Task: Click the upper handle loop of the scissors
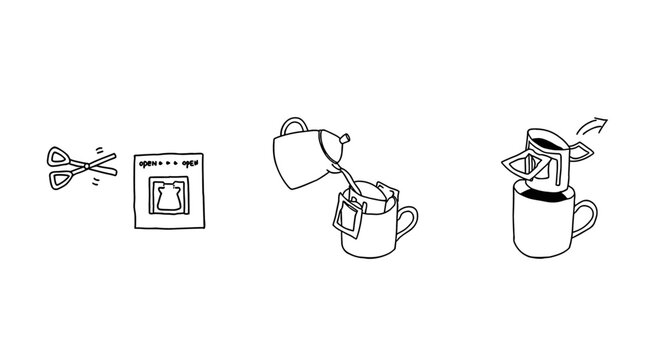pos(58,157)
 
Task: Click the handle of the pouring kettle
pos(293,127)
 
